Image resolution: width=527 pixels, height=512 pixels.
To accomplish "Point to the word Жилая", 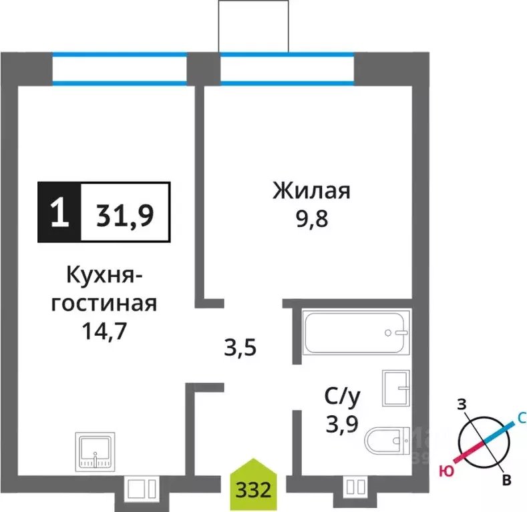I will (x=311, y=192).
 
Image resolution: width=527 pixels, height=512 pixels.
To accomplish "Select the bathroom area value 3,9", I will (x=342, y=425).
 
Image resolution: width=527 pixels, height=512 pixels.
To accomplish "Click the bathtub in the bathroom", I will (x=355, y=332).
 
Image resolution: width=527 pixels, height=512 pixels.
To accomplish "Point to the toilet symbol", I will (x=387, y=441).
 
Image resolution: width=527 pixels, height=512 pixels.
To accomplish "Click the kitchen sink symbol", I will (x=96, y=452).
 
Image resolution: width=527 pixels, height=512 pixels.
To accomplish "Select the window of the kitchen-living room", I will (x=120, y=69).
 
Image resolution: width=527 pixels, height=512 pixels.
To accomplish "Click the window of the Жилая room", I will (x=287, y=69).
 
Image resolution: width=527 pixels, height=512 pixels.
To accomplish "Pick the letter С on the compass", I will (x=522, y=418).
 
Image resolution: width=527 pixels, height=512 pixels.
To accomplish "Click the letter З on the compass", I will (x=460, y=404).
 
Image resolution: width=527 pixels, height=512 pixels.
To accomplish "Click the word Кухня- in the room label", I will (x=100, y=275).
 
